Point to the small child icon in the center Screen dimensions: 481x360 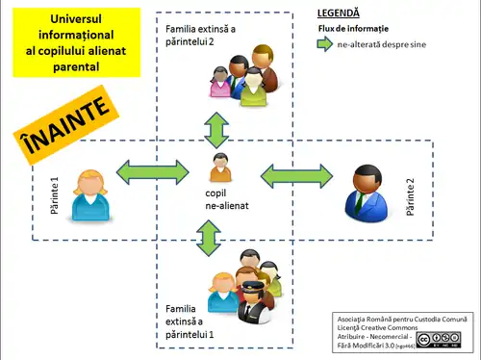pyautogui.click(x=220, y=167)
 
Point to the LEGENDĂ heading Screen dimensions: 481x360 pyautogui.click(x=338, y=13)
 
